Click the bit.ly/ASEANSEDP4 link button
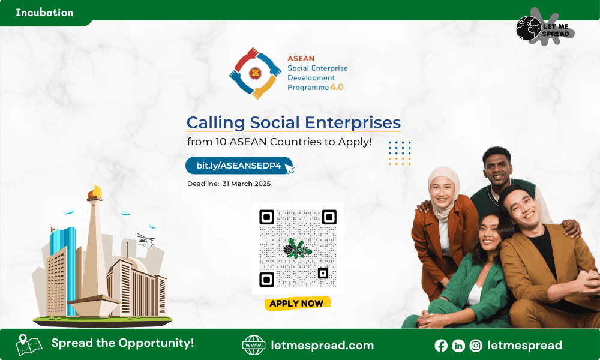point(239,166)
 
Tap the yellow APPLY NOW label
point(298,304)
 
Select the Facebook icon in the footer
point(441,346)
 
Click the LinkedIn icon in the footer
point(458,346)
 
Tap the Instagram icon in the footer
point(476,346)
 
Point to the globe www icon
point(254,345)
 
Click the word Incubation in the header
point(44,13)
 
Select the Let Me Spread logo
point(545,28)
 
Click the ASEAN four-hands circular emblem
point(255,73)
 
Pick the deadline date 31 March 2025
point(247,184)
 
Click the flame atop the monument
point(95,191)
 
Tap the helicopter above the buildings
point(145,240)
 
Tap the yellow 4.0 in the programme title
point(337,87)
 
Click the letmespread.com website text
point(322,346)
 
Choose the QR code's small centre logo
point(298,248)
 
